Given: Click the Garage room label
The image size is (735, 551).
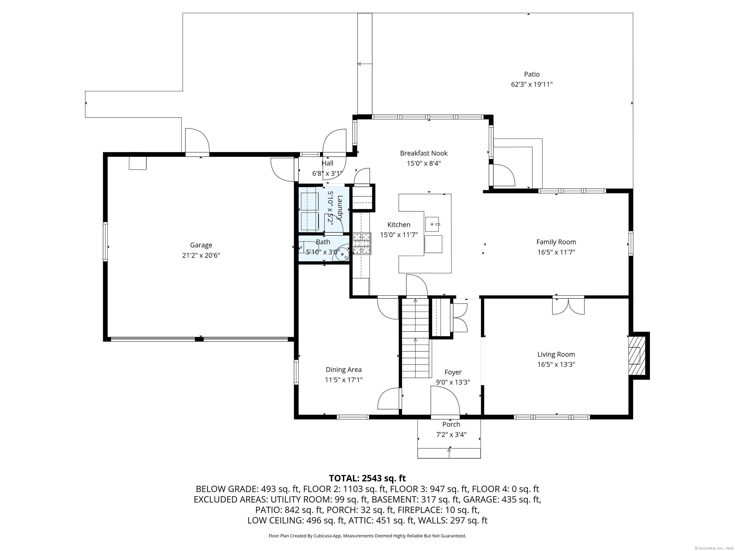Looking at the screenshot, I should pos(201,245).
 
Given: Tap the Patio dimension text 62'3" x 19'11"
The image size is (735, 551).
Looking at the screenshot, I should pos(532,84).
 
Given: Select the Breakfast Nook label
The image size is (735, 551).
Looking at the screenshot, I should pos(424,153).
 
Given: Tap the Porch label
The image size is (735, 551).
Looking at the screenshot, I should pos(451,424).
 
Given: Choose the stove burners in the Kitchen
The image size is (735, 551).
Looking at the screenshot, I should pos(362,243).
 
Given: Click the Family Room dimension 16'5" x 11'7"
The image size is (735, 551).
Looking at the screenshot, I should pos(556,252).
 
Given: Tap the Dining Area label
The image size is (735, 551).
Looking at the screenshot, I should pos(344,370).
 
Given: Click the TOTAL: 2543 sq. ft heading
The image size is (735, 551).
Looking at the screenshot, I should pos(367,478).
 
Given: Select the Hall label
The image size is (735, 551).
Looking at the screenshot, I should pos(327,163).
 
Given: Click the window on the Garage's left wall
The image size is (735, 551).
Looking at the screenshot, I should pos(105,242).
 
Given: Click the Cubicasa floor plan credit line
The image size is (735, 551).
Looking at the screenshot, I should pos(367,536).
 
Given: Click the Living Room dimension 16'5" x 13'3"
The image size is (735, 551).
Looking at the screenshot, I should pos(556,364).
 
